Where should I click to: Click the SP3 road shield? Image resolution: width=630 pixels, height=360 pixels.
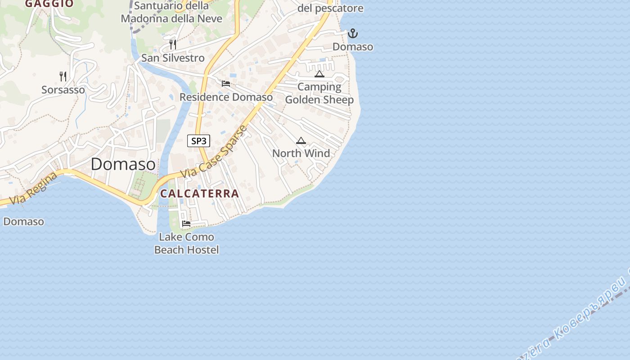(198, 141)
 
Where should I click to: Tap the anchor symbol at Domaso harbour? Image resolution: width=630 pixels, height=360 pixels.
(353, 33)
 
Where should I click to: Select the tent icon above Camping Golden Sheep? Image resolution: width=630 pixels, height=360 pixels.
(319, 74)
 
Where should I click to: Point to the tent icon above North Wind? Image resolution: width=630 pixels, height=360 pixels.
(301, 140)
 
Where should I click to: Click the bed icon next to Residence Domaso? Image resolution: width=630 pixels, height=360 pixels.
(226, 84)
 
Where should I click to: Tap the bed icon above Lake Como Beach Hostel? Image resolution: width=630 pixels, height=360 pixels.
(186, 224)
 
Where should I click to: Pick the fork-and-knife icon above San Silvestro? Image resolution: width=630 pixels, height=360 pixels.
(172, 45)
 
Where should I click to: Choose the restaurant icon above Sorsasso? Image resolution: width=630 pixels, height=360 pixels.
(63, 76)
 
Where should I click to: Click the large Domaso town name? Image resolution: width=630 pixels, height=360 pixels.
(123, 164)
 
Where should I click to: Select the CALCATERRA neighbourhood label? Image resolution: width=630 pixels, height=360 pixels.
(199, 193)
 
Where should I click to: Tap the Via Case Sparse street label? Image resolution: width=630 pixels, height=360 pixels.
(214, 152)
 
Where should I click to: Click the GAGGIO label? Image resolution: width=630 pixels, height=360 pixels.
(49, 4)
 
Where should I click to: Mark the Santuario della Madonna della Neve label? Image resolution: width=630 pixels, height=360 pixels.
(171, 12)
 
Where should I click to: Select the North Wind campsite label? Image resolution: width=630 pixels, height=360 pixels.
(301, 153)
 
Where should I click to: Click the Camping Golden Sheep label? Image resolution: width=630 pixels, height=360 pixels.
(319, 93)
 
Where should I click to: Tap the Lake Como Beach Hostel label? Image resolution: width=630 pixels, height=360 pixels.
(186, 243)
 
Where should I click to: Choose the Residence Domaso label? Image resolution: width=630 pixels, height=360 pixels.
(226, 97)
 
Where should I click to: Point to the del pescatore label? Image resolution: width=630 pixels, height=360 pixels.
(330, 8)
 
